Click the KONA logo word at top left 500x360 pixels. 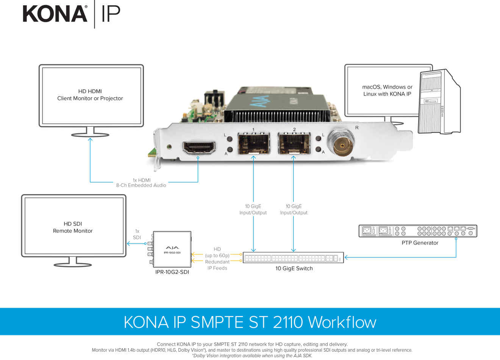[x=55, y=14]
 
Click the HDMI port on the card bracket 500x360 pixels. [x=199, y=147]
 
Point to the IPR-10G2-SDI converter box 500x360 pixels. [x=172, y=250]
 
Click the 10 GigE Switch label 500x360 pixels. [x=294, y=268]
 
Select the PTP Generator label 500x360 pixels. [x=420, y=243]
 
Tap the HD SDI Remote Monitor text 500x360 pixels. [x=73, y=227]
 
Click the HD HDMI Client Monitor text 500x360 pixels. [x=90, y=95]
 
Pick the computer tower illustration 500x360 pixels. [x=439, y=102]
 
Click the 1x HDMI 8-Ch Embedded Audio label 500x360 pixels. [x=141, y=183]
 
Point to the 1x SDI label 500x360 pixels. [x=137, y=234]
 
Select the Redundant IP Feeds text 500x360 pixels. [x=217, y=265]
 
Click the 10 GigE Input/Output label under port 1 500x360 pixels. [x=253, y=209]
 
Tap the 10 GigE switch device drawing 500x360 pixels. [x=293, y=258]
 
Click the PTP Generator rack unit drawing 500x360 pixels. [x=418, y=231]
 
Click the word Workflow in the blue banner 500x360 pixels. [x=342, y=322]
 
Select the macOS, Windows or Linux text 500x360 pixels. [x=387, y=90]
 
